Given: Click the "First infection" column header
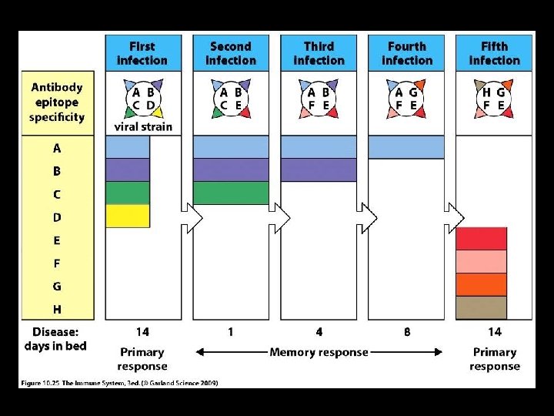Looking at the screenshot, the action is [142, 53].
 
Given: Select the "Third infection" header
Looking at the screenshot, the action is [319, 53].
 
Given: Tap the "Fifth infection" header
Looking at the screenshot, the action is [494, 53].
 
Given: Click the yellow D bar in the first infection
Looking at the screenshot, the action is [128, 216].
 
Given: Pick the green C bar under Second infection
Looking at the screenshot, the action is [231, 193].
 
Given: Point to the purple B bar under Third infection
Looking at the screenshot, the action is [319, 169].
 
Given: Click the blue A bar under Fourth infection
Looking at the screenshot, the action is [406, 147].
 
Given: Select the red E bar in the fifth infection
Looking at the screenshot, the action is [482, 239].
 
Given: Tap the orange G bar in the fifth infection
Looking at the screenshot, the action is [482, 284].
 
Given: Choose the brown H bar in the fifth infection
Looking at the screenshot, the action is [482, 307].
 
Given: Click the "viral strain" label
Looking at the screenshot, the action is [143, 126].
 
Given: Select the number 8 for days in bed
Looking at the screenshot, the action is [407, 332].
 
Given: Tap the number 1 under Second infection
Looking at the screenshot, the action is [231, 332].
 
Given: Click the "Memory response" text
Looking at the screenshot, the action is [319, 352].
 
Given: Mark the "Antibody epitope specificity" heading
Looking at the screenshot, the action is [57, 102].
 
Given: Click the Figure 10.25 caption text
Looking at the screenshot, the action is [118, 382].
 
